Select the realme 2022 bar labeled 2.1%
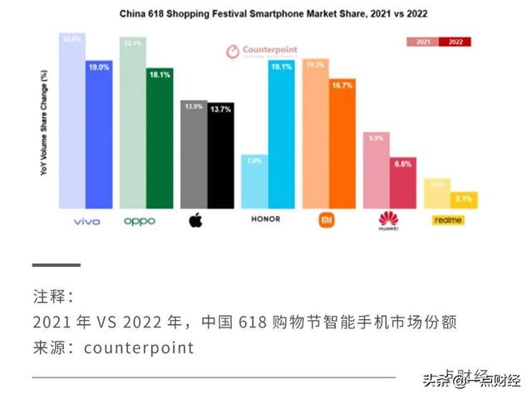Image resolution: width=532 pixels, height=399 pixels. pyautogui.click(x=464, y=199)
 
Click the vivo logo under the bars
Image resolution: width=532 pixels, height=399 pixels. pyautogui.click(x=86, y=220)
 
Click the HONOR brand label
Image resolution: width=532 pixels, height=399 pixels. pyautogui.click(x=265, y=220)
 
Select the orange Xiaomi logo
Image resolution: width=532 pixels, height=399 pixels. pyautogui.click(x=326, y=220)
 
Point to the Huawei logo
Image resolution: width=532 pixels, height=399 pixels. pyautogui.click(x=388, y=220)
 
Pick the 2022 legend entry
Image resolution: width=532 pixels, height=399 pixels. pyautogui.click(x=456, y=41)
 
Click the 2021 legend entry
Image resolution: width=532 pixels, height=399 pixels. pyautogui.click(x=422, y=41)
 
